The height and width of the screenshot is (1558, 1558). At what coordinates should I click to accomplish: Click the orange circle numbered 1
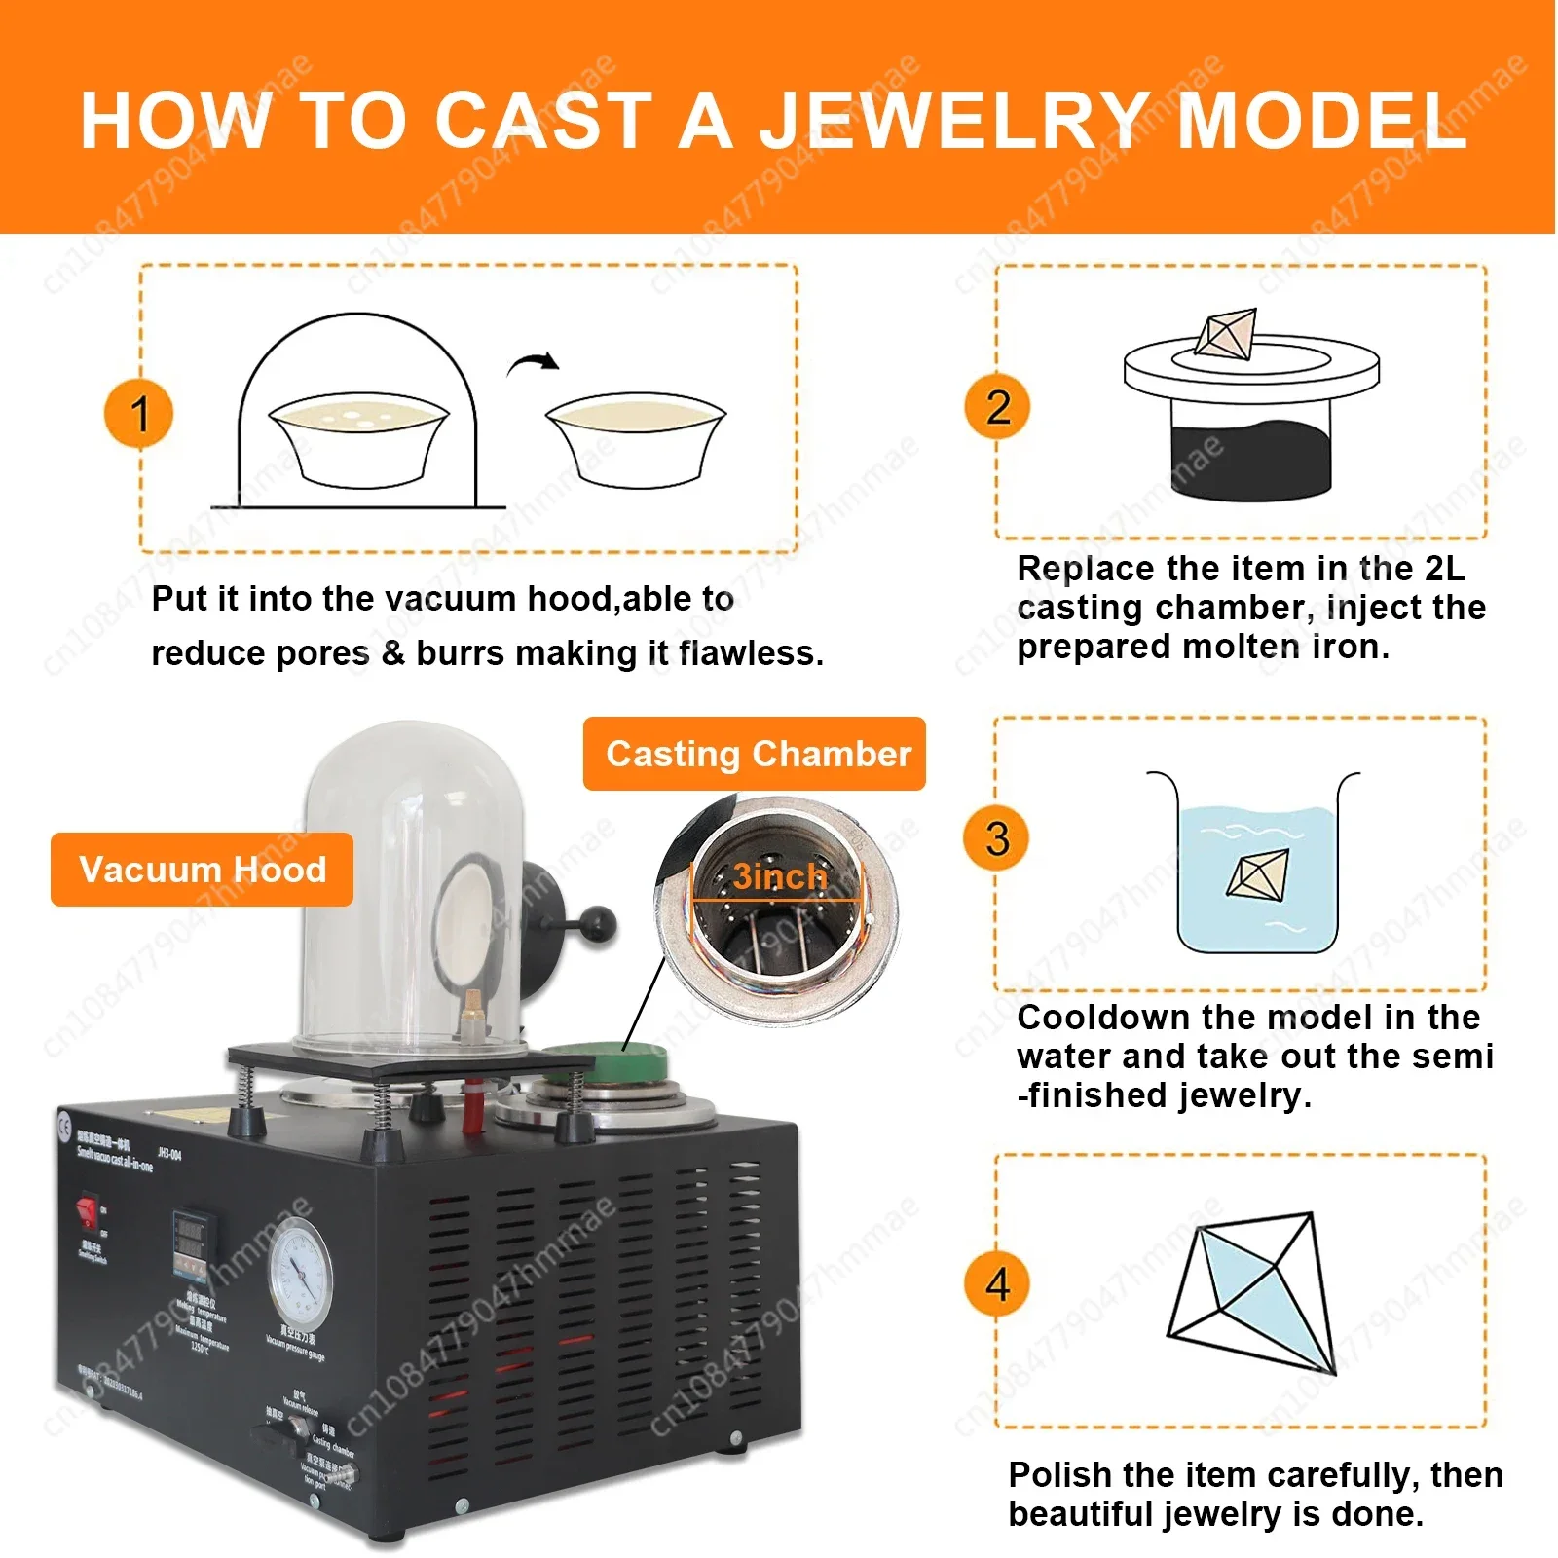tap(139, 413)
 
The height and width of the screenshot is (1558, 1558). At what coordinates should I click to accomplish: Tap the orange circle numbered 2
tap(997, 406)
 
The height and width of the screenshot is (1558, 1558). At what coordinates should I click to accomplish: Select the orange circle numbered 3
tap(997, 838)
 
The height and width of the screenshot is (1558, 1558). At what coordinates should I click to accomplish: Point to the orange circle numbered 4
tap(997, 1283)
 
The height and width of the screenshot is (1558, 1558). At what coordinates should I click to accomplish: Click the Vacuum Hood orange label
tap(202, 870)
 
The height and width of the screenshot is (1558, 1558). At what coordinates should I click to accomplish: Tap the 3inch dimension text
tap(779, 876)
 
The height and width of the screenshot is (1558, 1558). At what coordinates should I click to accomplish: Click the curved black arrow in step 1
tap(534, 364)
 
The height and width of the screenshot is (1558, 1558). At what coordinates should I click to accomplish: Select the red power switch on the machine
tap(88, 1211)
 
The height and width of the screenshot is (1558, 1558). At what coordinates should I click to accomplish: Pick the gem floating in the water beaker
tap(1257, 872)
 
